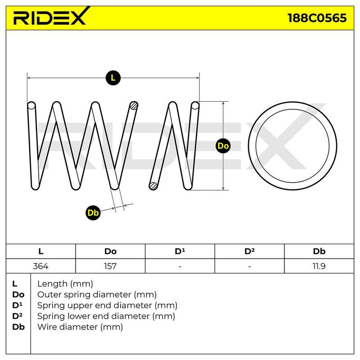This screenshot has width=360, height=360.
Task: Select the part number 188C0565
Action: click(x=317, y=18)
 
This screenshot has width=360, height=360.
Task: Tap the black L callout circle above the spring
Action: click(x=113, y=78)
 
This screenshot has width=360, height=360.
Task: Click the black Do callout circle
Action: click(x=223, y=146)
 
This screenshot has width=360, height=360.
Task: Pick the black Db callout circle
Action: click(x=93, y=213)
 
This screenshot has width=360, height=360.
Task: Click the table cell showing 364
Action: click(x=40, y=266)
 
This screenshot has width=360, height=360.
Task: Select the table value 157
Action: click(x=110, y=266)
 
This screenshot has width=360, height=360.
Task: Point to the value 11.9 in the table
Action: click(x=319, y=266)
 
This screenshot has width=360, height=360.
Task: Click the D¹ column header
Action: click(x=180, y=251)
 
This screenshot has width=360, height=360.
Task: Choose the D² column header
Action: click(x=249, y=251)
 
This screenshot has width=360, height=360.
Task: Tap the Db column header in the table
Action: click(x=319, y=251)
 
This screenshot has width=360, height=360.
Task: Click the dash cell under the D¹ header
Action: click(x=180, y=266)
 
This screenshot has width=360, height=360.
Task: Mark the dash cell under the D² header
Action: click(x=249, y=266)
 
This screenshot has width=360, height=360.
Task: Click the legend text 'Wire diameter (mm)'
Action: click(x=80, y=327)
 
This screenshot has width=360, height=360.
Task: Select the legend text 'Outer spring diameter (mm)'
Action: click(x=97, y=294)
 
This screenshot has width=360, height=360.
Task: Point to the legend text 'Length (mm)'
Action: click(x=65, y=284)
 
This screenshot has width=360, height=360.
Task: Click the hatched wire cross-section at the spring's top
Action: click(x=134, y=106)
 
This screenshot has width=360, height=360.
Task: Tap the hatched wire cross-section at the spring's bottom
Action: click(x=153, y=186)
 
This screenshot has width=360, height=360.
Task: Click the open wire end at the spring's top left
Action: click(x=31, y=106)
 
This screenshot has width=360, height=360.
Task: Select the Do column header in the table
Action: click(x=110, y=251)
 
